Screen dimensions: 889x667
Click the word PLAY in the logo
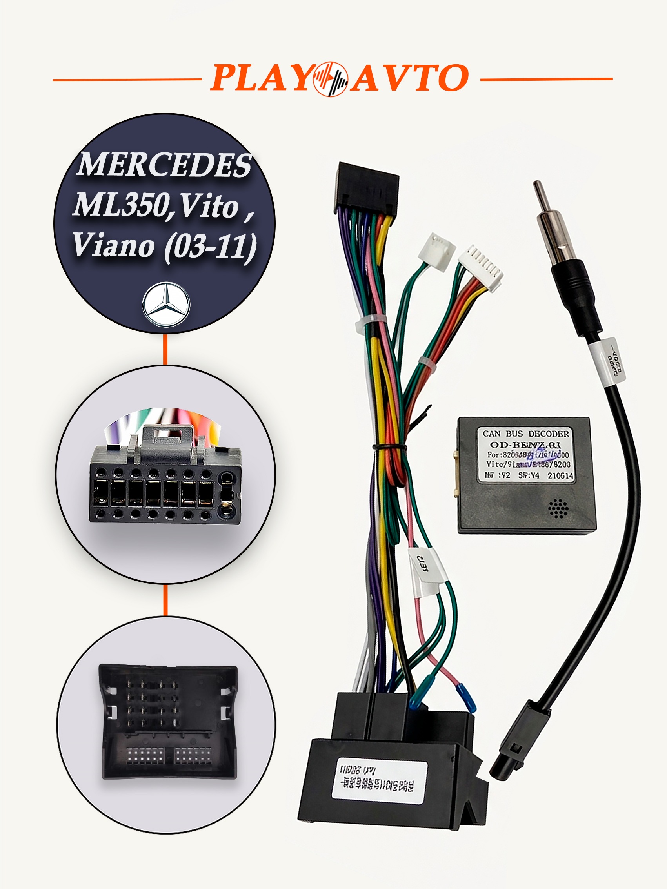coord(261,78)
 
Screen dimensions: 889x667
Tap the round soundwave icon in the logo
coord(331,79)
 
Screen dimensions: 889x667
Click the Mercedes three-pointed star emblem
coord(166,304)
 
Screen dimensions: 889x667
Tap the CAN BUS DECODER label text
coord(525,434)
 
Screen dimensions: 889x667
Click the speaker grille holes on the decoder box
coord(558,509)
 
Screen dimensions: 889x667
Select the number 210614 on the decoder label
coord(560,475)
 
